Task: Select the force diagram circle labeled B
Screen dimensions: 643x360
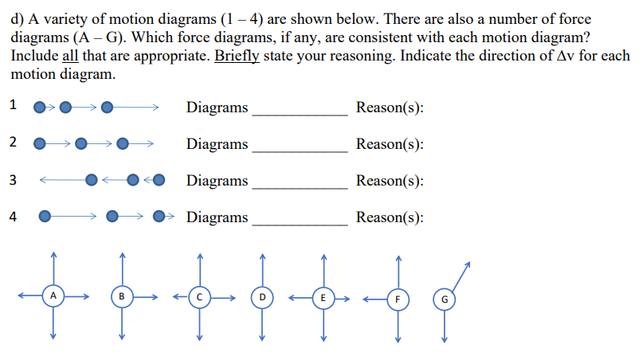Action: (x=122, y=299)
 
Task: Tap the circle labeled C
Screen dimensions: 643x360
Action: (x=201, y=299)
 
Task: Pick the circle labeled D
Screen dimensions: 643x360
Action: (x=262, y=299)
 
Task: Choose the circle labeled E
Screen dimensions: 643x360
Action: (x=323, y=297)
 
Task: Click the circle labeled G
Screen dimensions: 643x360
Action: (x=445, y=299)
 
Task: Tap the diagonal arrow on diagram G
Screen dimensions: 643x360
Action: (x=460, y=276)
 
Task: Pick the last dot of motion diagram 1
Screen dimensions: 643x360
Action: (x=107, y=106)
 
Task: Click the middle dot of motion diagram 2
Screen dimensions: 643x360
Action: (x=81, y=144)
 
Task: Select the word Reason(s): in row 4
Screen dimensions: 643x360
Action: (x=390, y=217)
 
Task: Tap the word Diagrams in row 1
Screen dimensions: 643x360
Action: (x=217, y=108)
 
